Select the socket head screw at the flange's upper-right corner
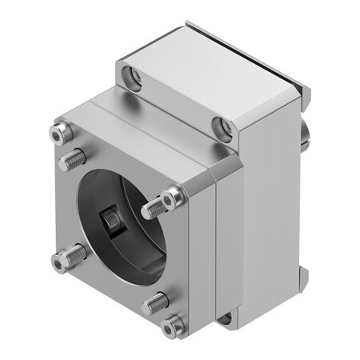tap(174, 195)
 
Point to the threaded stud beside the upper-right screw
tap(153, 210)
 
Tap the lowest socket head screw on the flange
tap(171, 326)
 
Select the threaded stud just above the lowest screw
tap(157, 303)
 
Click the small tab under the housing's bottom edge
tap(226, 318)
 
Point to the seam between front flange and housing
tap(214, 248)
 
